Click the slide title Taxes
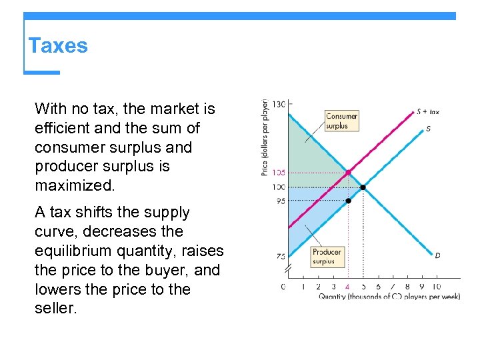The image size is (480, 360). point(58,46)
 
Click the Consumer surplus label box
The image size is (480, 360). point(341,121)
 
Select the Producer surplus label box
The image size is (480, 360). point(327,257)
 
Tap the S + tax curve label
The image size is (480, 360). point(428,112)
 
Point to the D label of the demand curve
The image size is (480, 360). point(437,255)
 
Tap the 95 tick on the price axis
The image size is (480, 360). point(280,201)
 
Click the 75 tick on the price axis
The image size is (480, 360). point(280,256)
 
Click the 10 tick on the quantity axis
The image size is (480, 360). point(436,287)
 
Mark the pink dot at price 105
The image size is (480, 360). point(348,173)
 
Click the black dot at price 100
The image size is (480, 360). point(363,187)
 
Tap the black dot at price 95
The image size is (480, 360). point(348,201)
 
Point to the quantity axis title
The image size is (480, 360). point(389,297)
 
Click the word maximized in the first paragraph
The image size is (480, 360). point(75,185)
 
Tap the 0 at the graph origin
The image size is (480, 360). point(283,287)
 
